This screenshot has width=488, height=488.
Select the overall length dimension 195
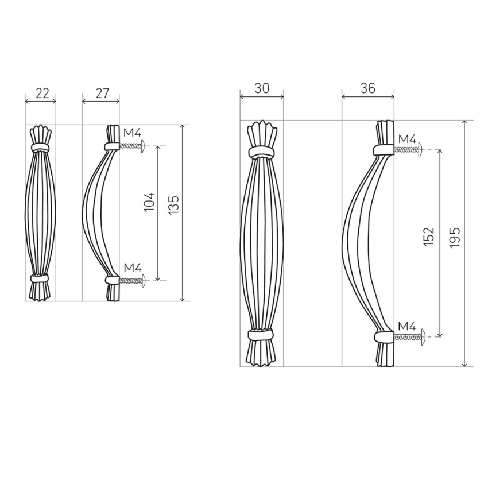pos(455,237)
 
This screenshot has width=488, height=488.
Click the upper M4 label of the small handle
pos(132,133)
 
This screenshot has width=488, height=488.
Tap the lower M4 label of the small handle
pos(132,268)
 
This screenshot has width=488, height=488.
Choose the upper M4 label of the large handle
pos(407,138)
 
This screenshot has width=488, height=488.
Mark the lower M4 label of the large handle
pos(407,326)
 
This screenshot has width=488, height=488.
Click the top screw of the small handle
pos(133,146)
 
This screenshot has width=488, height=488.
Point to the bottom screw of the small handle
pos(133,281)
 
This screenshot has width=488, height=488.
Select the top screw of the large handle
pos(408,150)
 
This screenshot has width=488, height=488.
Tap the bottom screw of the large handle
pos(408,338)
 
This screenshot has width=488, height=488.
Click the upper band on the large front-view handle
pos(262,152)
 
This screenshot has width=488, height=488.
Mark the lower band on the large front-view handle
pos(262,335)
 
